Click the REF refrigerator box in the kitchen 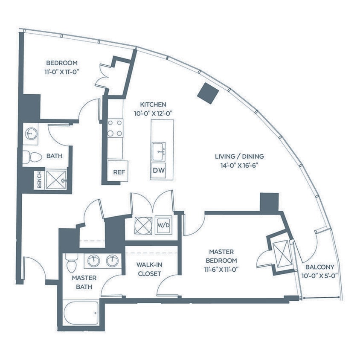118,172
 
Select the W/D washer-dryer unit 163,225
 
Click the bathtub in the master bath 81,312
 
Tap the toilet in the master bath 71,262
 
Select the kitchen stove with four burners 115,128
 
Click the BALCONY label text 319,267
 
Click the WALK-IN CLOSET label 149,269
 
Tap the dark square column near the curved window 208,92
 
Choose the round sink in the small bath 30,133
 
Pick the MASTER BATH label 84,282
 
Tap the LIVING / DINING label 239,156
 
